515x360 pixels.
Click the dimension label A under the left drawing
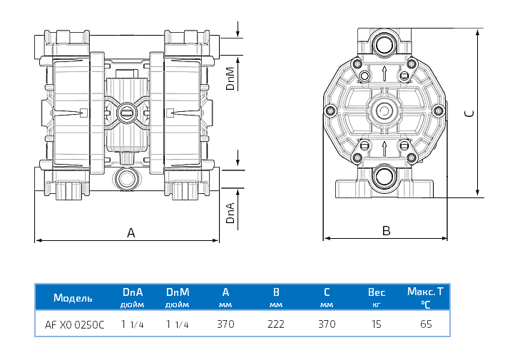(131, 232)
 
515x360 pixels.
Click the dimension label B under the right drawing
(386, 231)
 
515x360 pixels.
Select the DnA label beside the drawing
(230, 212)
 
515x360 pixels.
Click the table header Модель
(72, 297)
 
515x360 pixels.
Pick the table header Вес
(376, 292)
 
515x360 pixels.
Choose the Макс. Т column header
(425, 292)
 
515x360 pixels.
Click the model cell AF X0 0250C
(74, 324)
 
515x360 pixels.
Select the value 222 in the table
(275, 324)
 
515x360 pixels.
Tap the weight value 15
(376, 324)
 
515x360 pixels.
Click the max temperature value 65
(426, 324)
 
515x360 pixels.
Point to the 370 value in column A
(225, 324)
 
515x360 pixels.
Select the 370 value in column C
(326, 324)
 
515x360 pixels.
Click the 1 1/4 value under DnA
(133, 324)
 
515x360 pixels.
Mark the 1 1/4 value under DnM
(177, 324)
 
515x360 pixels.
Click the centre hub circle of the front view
(385, 111)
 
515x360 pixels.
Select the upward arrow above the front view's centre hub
(385, 73)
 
